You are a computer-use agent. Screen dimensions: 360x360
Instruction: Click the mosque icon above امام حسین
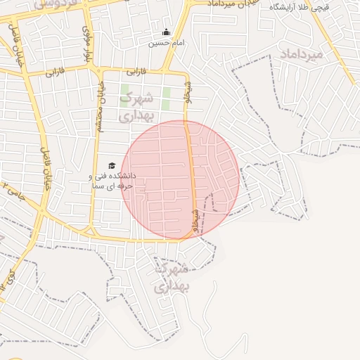166,32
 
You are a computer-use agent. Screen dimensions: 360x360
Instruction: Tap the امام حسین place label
166,43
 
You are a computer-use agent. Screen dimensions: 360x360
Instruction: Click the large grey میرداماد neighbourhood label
301,53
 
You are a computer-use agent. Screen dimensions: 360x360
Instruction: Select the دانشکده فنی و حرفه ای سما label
112,181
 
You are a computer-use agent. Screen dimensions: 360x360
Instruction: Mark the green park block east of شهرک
167,98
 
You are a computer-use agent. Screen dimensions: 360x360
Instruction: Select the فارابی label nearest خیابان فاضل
54,72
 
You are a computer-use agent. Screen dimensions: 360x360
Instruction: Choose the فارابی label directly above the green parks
135,72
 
